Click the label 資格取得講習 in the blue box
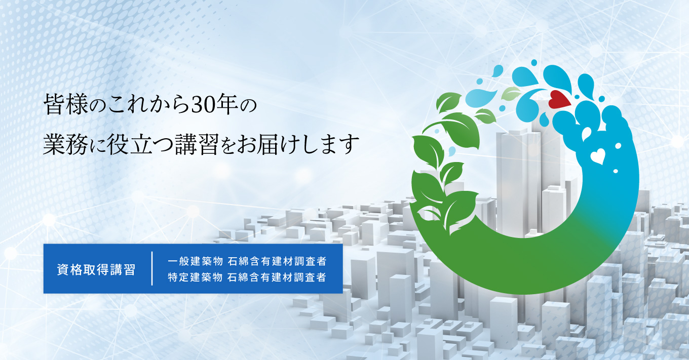click(96, 270)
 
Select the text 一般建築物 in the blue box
click(196, 261)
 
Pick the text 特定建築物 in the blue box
click(196, 277)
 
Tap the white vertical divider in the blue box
click(152, 269)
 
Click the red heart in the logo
click(559, 100)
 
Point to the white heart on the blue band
click(598, 156)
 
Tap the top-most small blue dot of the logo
click(534, 62)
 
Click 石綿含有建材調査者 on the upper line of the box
click(277, 261)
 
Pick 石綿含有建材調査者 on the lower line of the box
click(277, 277)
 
